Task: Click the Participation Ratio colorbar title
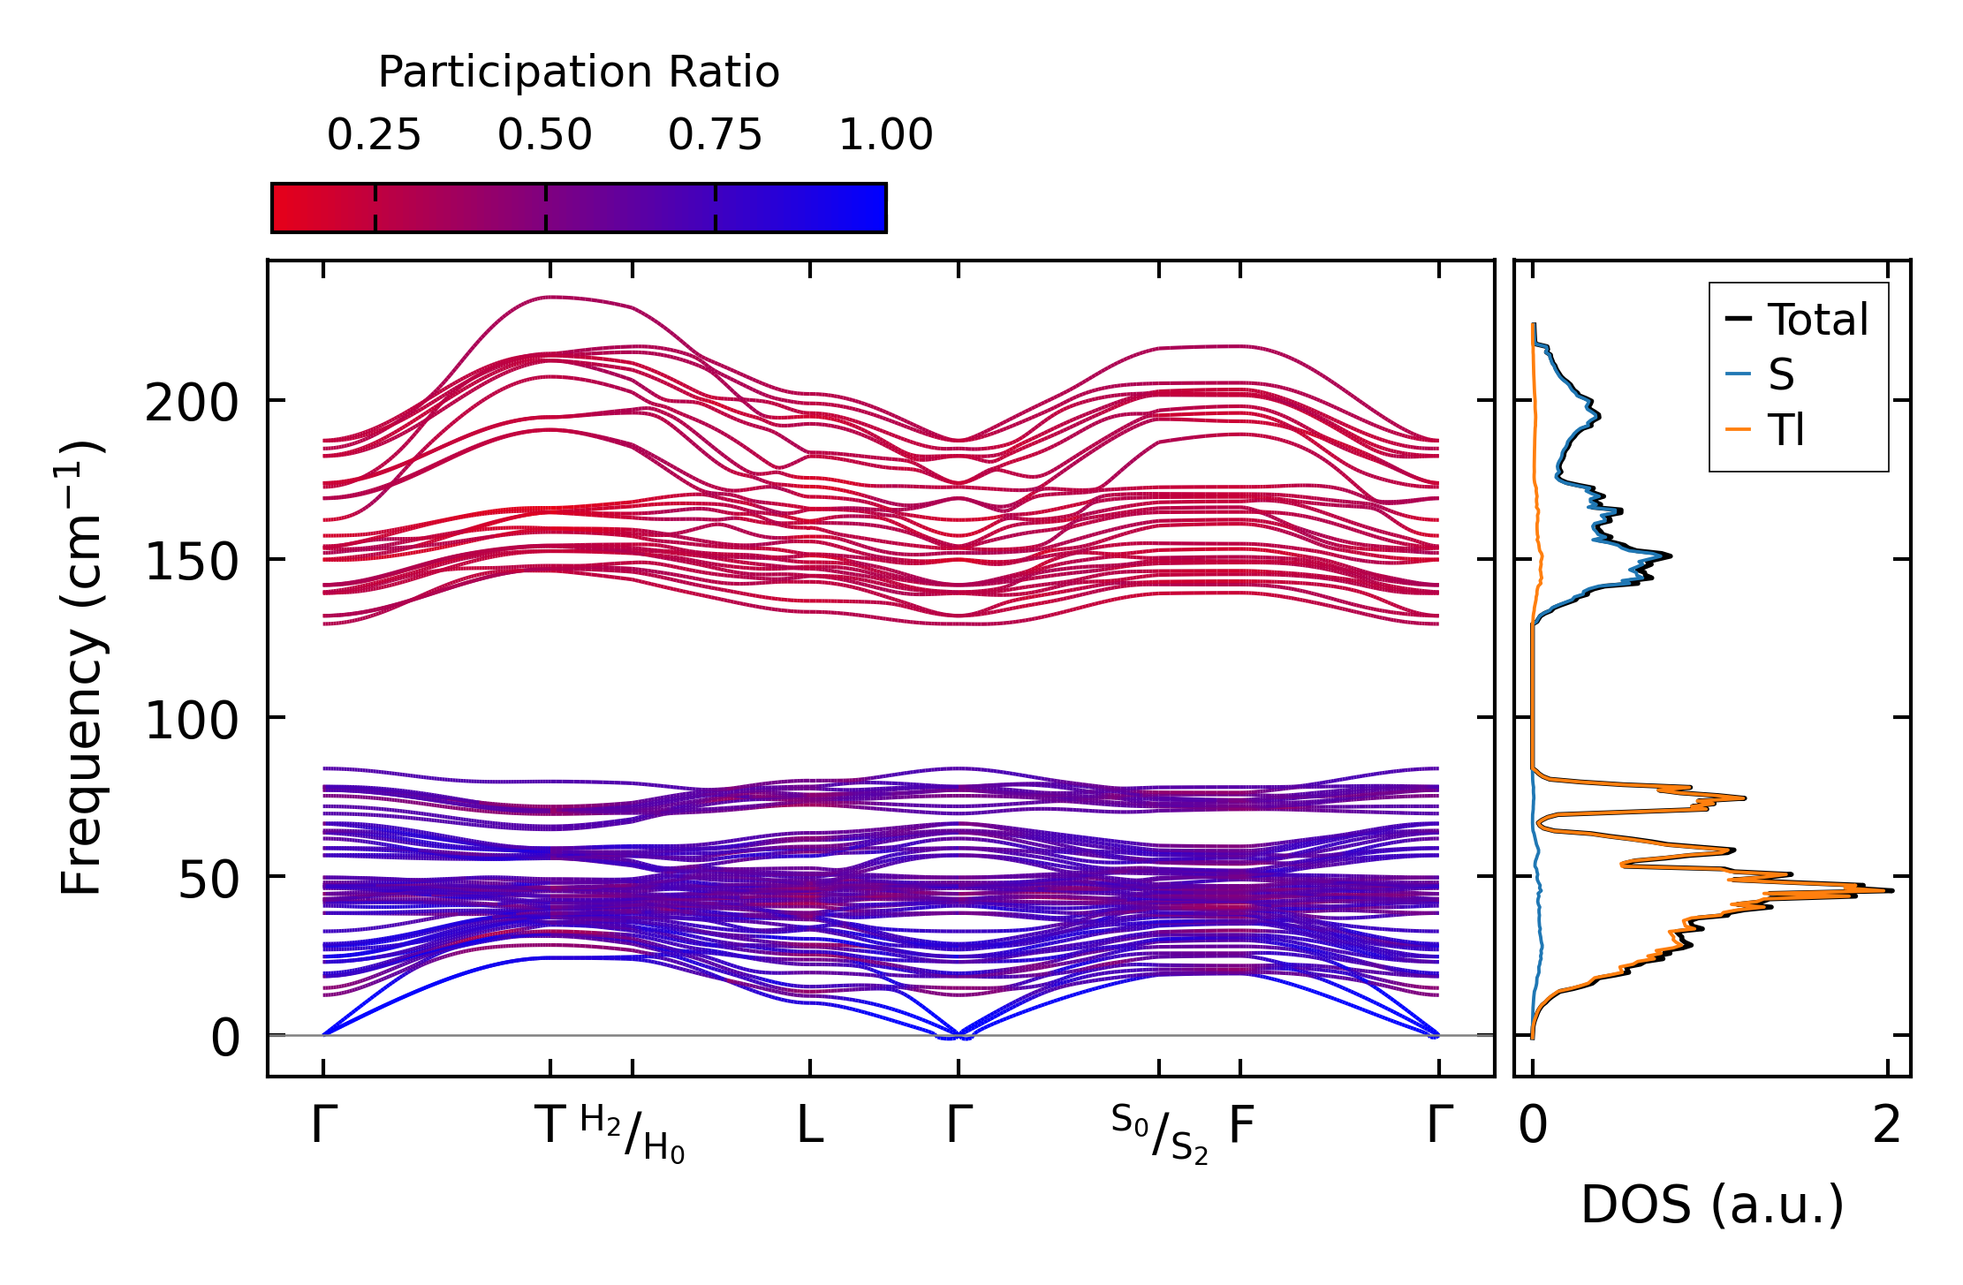tap(579, 72)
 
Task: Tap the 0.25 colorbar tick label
tap(374, 136)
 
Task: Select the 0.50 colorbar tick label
tap(544, 136)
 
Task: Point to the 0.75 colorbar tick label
tap(715, 136)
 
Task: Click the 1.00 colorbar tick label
tap(885, 136)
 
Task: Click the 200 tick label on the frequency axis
tap(192, 404)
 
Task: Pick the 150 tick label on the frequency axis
tap(192, 563)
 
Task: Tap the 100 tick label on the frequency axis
tap(192, 721)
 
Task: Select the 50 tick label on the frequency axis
tap(208, 880)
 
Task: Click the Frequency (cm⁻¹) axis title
tap(81, 669)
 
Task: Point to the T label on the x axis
tap(550, 1126)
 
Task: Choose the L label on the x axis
tap(810, 1126)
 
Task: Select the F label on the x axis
tap(1241, 1126)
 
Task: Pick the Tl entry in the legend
tap(1785, 431)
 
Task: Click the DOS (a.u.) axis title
tap(1712, 1205)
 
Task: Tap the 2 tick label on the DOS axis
tap(1886, 1126)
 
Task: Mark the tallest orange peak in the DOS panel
tap(1891, 890)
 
